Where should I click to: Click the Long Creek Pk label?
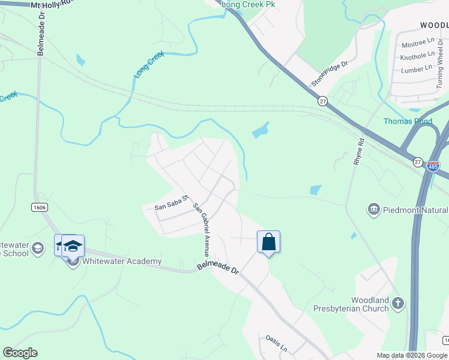[x=248, y=4]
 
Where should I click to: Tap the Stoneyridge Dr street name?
[x=330, y=73]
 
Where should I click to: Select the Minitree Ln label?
[x=418, y=43]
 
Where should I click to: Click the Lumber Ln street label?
[x=416, y=69]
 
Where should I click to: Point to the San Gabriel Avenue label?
[x=201, y=230]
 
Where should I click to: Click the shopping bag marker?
[x=268, y=242]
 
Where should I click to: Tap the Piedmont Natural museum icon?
[x=374, y=209]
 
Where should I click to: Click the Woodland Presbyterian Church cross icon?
[x=398, y=304]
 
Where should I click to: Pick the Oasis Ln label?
[x=277, y=347]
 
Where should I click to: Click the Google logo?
[x=20, y=353]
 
